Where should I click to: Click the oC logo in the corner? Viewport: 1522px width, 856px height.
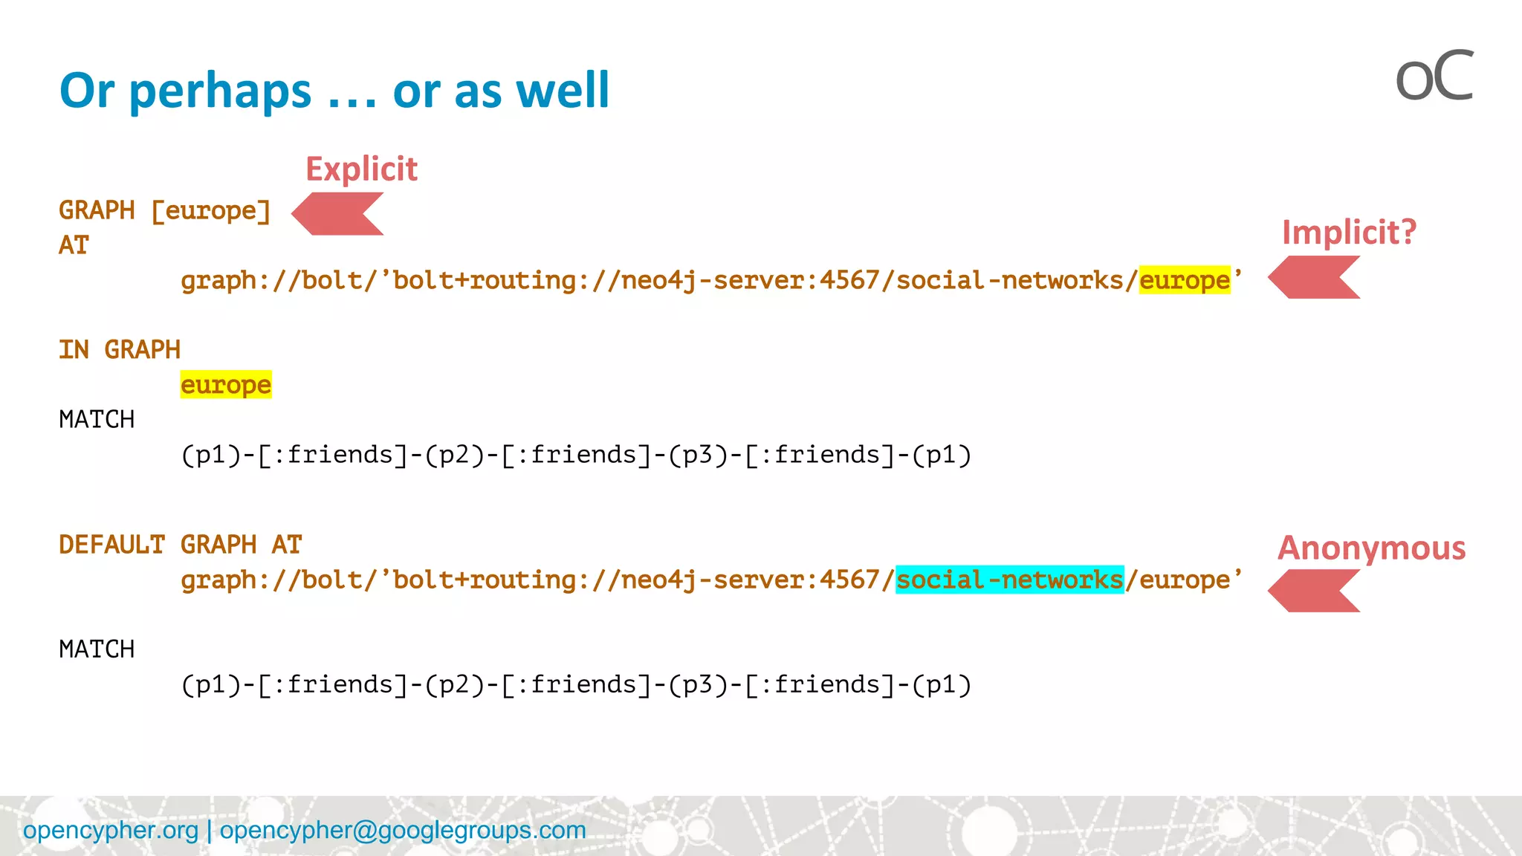click(1434, 77)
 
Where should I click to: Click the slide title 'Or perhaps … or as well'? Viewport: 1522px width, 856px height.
click(334, 91)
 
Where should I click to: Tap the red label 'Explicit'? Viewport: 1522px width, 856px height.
click(362, 169)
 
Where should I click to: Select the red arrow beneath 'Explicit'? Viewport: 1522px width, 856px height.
click(338, 214)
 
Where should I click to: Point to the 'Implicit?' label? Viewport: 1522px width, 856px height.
click(1349, 233)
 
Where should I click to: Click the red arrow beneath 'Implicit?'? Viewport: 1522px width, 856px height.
click(1314, 278)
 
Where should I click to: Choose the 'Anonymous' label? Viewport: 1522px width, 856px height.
click(1371, 548)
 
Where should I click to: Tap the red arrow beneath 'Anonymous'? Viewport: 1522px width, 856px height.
click(1314, 591)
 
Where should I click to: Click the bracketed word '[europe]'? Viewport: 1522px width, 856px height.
click(211, 211)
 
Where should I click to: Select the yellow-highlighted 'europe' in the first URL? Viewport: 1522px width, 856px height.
click(1185, 281)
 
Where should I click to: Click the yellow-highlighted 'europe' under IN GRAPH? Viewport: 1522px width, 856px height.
click(226, 385)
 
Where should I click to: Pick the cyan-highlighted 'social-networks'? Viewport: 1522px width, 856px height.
click(1010, 580)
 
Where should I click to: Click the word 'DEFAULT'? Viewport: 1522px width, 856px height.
click(111, 545)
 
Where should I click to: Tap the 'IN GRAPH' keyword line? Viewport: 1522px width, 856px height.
click(120, 350)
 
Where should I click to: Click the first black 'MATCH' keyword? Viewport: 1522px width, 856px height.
click(97, 420)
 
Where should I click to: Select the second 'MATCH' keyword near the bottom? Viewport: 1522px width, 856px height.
click(97, 649)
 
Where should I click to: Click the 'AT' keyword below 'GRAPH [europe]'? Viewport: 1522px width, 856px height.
click(74, 246)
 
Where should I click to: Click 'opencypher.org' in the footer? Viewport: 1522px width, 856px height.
click(111, 830)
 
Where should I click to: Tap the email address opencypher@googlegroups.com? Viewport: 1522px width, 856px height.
click(403, 830)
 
